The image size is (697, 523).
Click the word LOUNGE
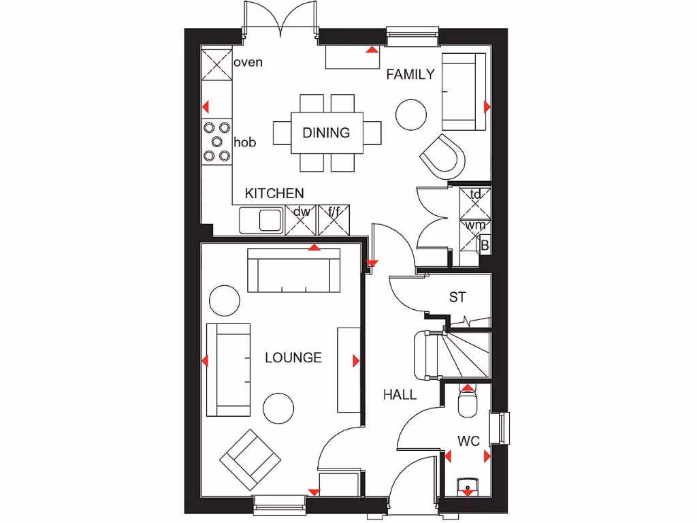click(293, 358)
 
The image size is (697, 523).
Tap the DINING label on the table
click(326, 133)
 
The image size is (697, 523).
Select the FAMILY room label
click(410, 75)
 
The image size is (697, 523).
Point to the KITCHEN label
click(274, 193)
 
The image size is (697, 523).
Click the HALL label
click(400, 394)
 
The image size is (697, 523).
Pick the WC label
click(468, 441)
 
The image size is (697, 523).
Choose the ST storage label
click(457, 297)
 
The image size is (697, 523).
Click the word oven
click(248, 63)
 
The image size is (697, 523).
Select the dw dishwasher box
click(302, 219)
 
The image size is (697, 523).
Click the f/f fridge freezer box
click(335, 219)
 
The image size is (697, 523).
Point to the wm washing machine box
click(474, 225)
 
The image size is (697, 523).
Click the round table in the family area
click(411, 114)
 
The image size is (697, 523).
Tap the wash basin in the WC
click(468, 485)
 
